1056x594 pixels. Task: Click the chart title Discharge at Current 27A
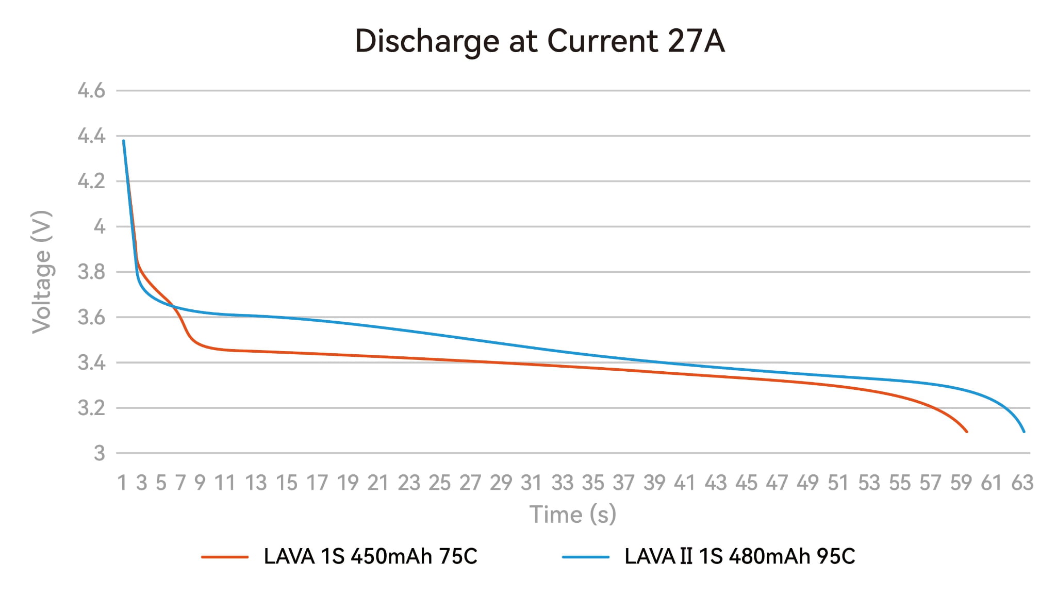(540, 41)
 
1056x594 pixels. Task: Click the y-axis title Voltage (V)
(42, 272)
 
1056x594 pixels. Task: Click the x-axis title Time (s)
(573, 514)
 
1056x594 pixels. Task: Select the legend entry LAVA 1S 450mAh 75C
(370, 556)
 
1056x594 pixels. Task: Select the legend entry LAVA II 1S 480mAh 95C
(739, 556)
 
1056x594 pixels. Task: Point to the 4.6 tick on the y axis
(91, 91)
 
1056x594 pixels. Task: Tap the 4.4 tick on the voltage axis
(91, 136)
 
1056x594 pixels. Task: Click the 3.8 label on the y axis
(91, 272)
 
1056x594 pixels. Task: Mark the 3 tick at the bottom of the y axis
(99, 453)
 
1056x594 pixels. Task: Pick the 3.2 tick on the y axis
(91, 408)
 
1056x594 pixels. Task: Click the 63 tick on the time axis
(1022, 483)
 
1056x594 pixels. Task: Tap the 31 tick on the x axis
(531, 483)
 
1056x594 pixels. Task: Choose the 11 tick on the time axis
(225, 483)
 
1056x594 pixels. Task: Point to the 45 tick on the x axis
(746, 483)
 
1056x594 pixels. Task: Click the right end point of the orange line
(966, 432)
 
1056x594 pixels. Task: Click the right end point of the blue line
(1024, 432)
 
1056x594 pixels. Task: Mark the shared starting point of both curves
(124, 141)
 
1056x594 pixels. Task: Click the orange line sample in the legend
(225, 557)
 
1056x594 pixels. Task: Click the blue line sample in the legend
(585, 557)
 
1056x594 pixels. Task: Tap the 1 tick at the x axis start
(122, 483)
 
